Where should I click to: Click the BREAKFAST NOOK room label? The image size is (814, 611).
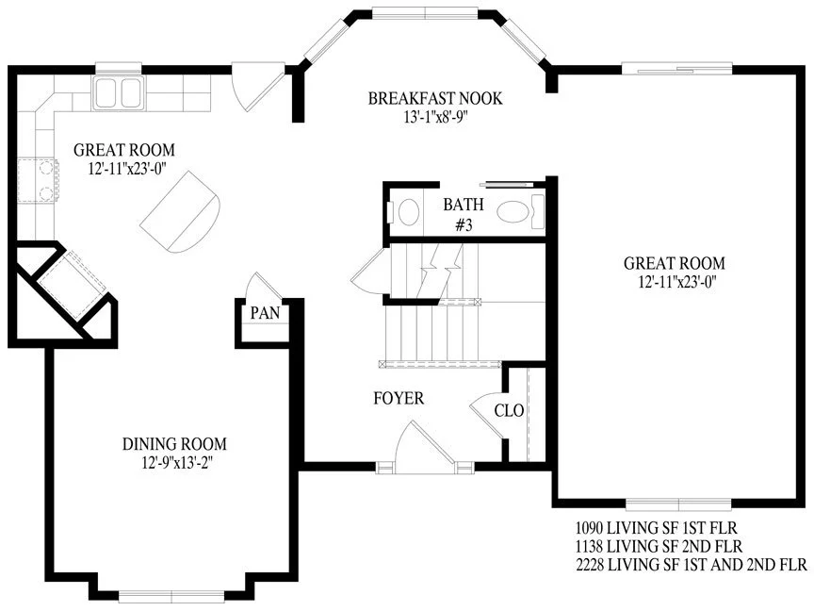point(435,98)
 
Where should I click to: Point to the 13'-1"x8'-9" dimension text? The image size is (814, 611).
point(435,117)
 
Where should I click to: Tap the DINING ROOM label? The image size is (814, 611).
point(174,444)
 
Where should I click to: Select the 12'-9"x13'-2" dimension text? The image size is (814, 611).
point(177,462)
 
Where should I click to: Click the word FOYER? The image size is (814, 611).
point(399,398)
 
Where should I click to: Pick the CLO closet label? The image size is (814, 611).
point(509,410)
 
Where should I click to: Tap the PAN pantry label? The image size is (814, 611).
point(265,313)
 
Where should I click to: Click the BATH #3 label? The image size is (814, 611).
point(464,214)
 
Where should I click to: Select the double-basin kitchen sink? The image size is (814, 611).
point(119,93)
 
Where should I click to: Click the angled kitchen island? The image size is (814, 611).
point(181,212)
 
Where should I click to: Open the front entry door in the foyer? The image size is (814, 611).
point(425,447)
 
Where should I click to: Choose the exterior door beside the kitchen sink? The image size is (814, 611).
point(258,87)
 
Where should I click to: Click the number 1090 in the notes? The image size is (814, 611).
point(589,528)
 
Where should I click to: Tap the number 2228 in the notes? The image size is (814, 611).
point(590,564)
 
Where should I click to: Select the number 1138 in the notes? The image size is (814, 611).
point(589,546)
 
